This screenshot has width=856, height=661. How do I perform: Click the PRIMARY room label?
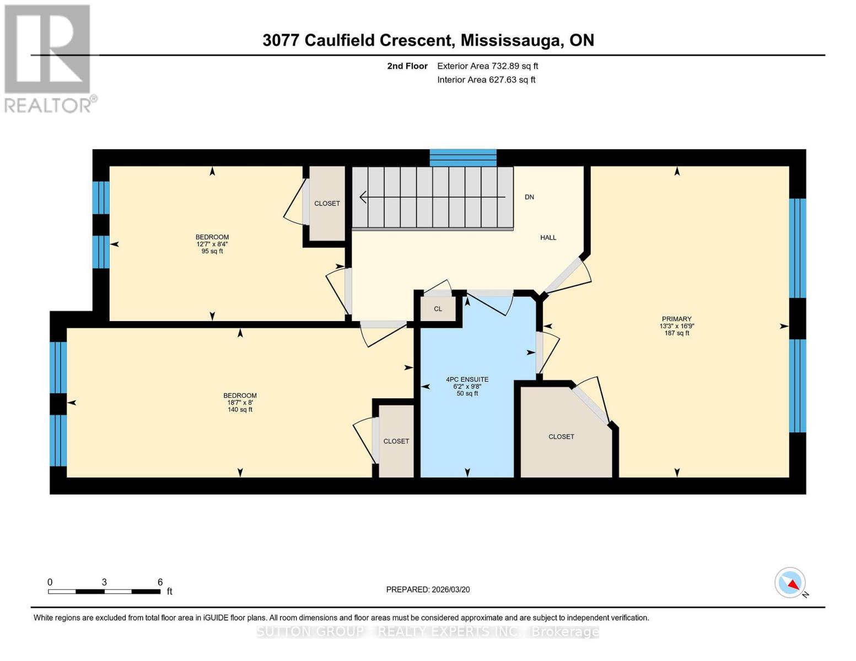click(676, 319)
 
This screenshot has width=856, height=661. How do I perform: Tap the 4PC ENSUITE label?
click(467, 380)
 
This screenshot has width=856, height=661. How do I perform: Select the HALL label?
click(548, 237)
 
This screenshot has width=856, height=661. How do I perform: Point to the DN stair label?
click(529, 197)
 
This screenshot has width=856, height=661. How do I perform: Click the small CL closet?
click(438, 309)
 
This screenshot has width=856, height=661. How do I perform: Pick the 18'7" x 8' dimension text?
click(240, 403)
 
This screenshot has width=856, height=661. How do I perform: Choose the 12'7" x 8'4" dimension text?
click(212, 244)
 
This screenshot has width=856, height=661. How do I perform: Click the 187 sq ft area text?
click(676, 333)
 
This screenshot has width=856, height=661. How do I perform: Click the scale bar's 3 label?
click(104, 582)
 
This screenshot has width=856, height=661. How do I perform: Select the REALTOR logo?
click(49, 58)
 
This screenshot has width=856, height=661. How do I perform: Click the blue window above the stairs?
click(463, 158)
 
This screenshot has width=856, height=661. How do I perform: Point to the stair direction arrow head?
click(363, 197)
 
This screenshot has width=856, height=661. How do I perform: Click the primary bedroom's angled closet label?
click(561, 437)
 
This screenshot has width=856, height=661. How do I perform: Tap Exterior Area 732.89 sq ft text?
click(487, 66)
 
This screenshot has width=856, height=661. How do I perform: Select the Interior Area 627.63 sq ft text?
click(486, 80)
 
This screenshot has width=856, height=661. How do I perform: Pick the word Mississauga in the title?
click(511, 41)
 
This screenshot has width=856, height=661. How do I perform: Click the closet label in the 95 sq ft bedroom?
click(327, 204)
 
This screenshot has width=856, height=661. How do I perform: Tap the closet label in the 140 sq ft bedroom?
click(396, 441)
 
